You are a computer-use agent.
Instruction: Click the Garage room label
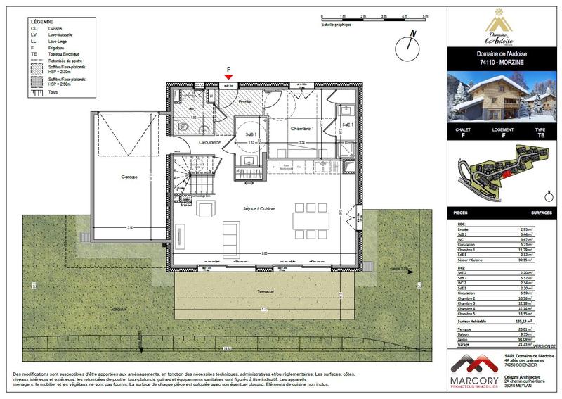129,177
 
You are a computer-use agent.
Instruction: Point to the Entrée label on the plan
245,102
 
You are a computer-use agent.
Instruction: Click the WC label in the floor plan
192,109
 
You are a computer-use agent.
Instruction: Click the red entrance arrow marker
228,76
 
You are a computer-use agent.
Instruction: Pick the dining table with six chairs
310,221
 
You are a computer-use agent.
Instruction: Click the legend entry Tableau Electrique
65,53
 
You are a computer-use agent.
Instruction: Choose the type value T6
540,135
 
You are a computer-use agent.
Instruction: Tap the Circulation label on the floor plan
210,143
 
